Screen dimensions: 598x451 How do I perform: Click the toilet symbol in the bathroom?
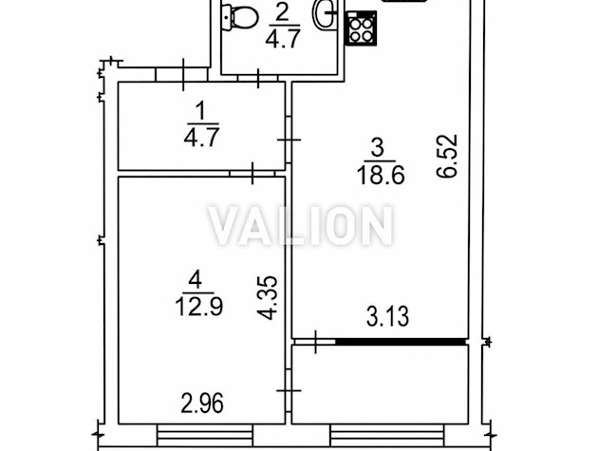point(239,17)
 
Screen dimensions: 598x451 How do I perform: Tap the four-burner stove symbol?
point(361,29)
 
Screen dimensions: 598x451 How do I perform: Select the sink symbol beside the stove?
point(325,13)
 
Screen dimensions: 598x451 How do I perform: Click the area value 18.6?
point(381,177)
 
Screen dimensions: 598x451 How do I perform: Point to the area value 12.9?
point(199,307)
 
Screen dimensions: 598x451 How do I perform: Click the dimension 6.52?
point(446,156)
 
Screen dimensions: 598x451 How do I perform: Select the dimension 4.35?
point(267,297)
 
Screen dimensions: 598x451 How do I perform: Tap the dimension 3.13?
point(387,317)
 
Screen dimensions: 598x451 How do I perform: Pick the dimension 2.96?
point(202,404)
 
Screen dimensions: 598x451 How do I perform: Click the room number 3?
point(377,148)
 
